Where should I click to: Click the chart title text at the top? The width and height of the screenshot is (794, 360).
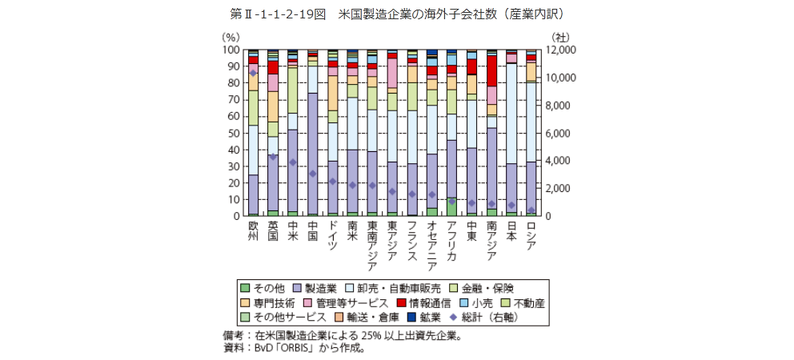coord(397,14)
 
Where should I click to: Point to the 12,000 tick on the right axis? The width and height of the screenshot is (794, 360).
coord(559,50)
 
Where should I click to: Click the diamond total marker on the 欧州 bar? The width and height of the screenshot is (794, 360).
coord(253,73)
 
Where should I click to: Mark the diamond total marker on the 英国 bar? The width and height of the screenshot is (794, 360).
coord(273,157)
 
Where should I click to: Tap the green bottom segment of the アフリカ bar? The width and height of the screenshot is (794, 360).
coord(451,206)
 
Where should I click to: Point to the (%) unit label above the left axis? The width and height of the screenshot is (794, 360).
coord(231,36)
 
